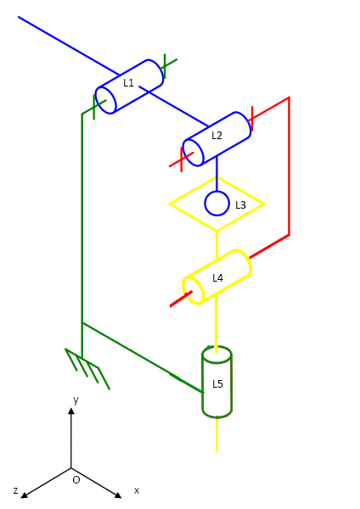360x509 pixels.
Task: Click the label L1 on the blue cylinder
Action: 129,83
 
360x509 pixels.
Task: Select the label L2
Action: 217,136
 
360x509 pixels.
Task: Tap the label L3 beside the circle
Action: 240,205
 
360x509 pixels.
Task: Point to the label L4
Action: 217,278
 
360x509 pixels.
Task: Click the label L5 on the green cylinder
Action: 217,384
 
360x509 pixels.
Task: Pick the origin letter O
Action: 76,480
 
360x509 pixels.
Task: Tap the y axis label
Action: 76,400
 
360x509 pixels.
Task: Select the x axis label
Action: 137,490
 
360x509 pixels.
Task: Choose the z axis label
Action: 15,490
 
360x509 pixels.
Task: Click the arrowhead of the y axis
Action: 71,411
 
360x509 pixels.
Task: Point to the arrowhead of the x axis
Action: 118,495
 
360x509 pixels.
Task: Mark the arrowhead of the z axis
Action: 25,495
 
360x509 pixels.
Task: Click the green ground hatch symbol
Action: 87,368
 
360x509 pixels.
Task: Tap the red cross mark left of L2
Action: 182,159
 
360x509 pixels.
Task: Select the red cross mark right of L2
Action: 252,119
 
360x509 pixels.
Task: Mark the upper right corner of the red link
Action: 289,97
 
